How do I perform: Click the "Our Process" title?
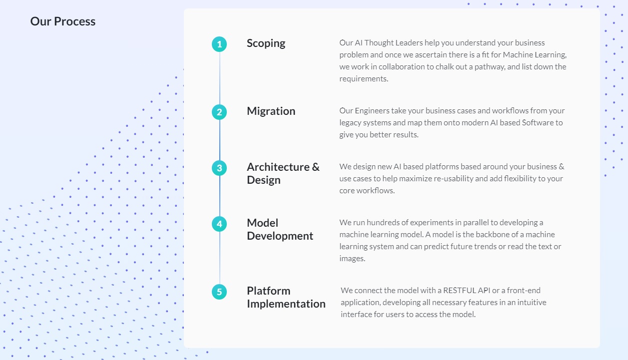pyautogui.click(x=63, y=21)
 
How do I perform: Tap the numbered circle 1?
pyautogui.click(x=219, y=44)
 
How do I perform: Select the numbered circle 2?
pyautogui.click(x=219, y=112)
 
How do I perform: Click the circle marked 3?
pyautogui.click(x=219, y=168)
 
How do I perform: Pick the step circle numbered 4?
pyautogui.click(x=219, y=224)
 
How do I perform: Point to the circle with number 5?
pyautogui.click(x=219, y=292)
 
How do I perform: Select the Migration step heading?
pyautogui.click(x=271, y=111)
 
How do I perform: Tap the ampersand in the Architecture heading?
pyautogui.click(x=316, y=167)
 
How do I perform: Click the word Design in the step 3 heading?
pyautogui.click(x=263, y=180)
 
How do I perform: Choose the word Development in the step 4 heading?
pyautogui.click(x=280, y=236)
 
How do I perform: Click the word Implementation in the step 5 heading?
pyautogui.click(x=286, y=304)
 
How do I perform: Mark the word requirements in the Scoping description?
pyautogui.click(x=364, y=79)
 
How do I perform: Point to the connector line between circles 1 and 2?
pyautogui.click(x=219, y=78)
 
